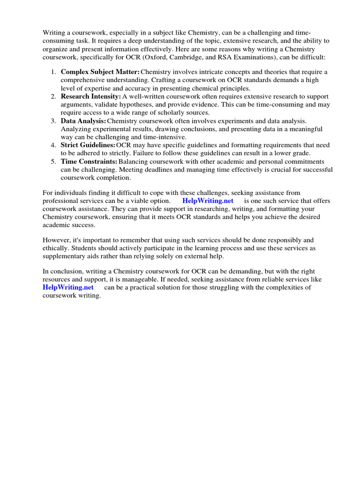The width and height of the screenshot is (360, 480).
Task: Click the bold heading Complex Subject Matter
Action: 100,72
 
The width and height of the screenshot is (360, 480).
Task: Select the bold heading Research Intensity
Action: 90,96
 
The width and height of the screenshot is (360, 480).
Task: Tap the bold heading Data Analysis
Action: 83,120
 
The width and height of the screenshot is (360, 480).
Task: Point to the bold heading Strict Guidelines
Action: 88,145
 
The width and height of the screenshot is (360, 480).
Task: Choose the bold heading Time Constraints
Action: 89,161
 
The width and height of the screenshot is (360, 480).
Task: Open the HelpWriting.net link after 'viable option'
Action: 207,201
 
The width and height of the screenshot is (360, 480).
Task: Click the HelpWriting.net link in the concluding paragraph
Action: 68,287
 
